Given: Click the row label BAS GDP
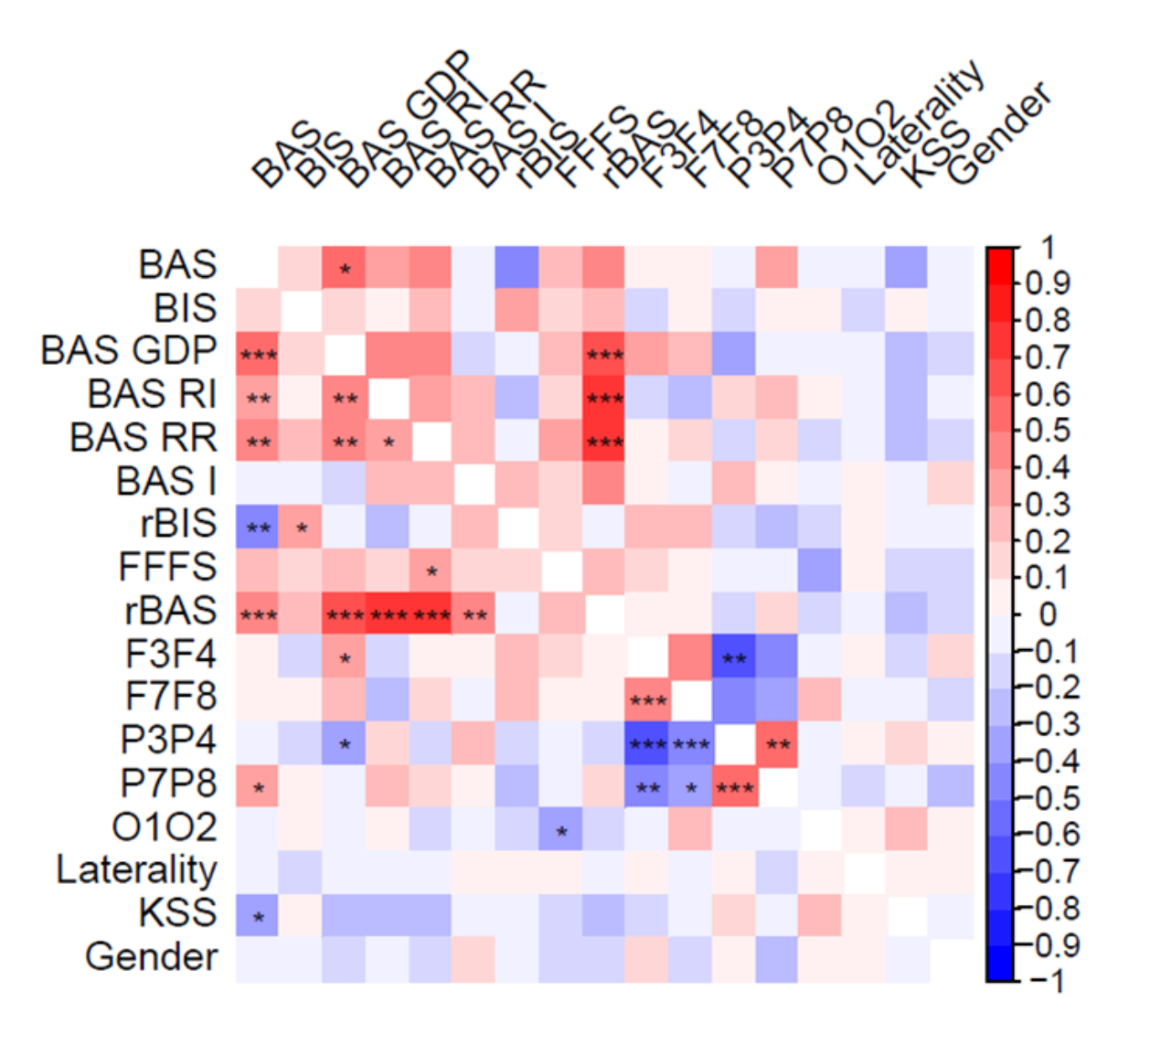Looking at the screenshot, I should click(129, 351).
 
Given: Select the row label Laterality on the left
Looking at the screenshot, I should click(136, 869).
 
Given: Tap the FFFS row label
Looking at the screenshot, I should click(167, 567).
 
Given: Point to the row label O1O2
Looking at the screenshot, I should click(165, 827).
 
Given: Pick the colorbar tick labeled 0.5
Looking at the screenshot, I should click(1047, 430).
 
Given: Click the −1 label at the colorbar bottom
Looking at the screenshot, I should click(1048, 981).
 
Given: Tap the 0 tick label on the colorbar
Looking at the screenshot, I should click(1048, 614).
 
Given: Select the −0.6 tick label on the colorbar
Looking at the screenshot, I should click(1048, 834).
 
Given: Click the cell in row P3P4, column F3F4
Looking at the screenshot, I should click(647, 744).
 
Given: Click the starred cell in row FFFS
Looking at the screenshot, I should click(431, 571).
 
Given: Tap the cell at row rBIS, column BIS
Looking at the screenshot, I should click(301, 527).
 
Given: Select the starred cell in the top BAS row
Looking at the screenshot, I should click(345, 269).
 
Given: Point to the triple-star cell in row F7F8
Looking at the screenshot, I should click(647, 701).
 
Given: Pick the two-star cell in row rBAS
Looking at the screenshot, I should click(474, 614).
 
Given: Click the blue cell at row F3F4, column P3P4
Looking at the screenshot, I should click(734, 657).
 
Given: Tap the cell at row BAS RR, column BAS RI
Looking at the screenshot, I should click(389, 442).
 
